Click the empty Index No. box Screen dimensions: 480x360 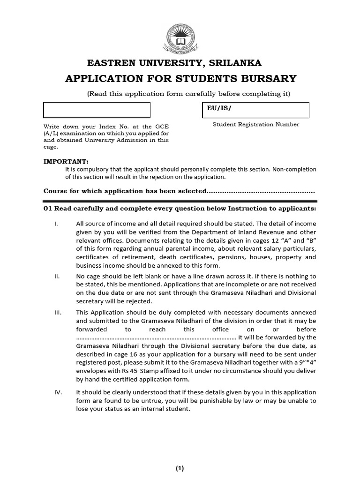[x=97, y=110]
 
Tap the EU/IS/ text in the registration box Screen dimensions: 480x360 [x=218, y=108]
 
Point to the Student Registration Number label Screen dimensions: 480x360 [x=255, y=125]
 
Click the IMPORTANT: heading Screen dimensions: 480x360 [x=66, y=161]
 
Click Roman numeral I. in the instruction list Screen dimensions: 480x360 [x=56, y=224]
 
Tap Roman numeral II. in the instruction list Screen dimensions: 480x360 [x=57, y=277]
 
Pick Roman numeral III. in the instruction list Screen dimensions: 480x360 [x=57, y=312]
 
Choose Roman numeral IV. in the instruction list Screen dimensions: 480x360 [x=58, y=392]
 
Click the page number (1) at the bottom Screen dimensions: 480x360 [x=180, y=468]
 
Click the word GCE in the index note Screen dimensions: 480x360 [x=162, y=127]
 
